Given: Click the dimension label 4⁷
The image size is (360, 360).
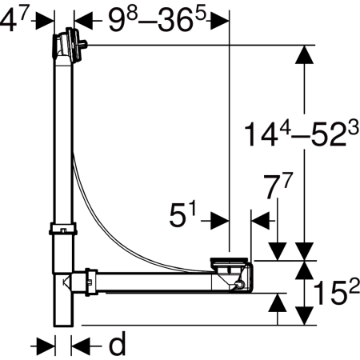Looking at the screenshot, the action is tap(14, 21).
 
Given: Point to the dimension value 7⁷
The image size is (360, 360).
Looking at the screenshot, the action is tap(278, 186).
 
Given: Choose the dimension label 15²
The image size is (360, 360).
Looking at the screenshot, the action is tap(337, 292).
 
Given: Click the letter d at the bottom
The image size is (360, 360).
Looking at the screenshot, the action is tap(117, 343).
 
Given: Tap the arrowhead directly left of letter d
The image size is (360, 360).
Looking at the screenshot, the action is tap(81, 346).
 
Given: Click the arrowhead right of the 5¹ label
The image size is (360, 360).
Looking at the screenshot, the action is tap(220, 221).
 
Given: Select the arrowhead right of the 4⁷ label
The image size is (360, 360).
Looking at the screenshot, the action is tap(45, 20).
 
